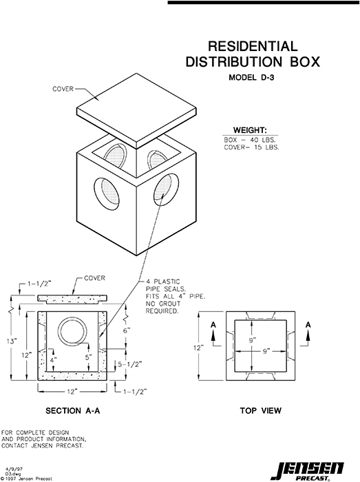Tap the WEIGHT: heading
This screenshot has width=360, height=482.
pyautogui.click(x=252, y=129)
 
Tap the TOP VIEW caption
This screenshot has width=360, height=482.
pyautogui.click(x=260, y=411)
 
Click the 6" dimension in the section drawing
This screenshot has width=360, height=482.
pyautogui.click(x=126, y=329)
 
